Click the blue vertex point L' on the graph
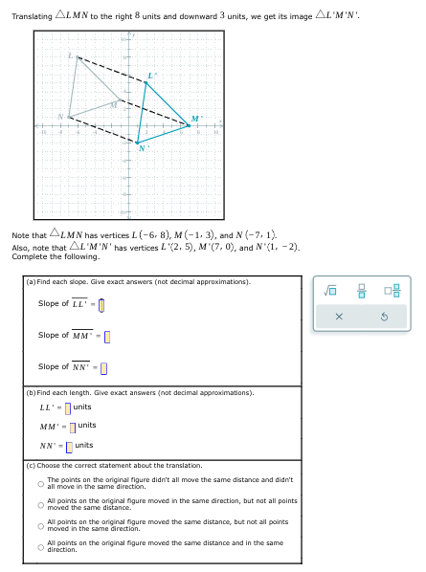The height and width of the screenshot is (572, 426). pos(146,82)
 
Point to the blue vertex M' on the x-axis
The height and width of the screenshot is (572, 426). pos(189,124)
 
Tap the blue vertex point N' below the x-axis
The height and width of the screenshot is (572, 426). pos(138,142)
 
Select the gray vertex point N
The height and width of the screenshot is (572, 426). pos(68,117)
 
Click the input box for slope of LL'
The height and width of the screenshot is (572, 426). pos(101,305)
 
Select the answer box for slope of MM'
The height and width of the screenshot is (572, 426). pos(107,336)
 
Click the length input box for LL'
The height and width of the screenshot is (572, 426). pos(67,408)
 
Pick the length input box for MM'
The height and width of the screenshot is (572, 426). pos(72,426)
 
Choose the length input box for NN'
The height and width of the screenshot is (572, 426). pos(69,446)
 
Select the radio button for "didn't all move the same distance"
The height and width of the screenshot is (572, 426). pos(40,484)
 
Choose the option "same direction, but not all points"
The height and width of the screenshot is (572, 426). pos(40,505)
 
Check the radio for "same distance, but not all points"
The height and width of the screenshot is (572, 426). pos(40,526)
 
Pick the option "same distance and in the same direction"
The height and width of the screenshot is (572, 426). pos(40,547)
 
